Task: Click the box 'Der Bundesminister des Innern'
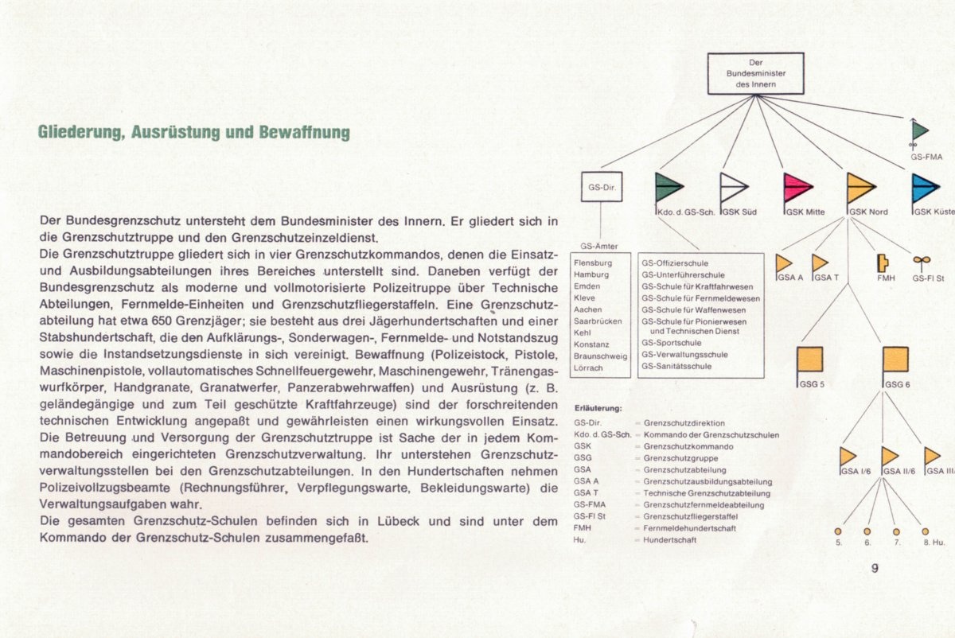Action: pos(755,73)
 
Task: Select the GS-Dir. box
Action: pos(601,188)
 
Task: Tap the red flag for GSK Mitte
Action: pos(797,189)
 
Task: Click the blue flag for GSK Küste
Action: pos(925,189)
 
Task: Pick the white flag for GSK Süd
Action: pos(733,189)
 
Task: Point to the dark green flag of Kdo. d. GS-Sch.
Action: pos(668,188)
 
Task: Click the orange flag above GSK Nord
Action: pos(860,188)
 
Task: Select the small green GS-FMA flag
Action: pos(920,130)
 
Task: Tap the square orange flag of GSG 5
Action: pos(809,360)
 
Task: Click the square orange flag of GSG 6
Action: pos(895,360)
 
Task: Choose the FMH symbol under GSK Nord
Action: pos(882,263)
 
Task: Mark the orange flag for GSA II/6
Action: pos(889,456)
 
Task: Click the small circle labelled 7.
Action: pos(896,531)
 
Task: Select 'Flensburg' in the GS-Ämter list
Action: pos(593,263)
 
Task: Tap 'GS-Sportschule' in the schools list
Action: pos(671,343)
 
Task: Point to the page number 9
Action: pos(875,568)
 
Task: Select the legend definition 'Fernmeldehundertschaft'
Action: pos(690,527)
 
